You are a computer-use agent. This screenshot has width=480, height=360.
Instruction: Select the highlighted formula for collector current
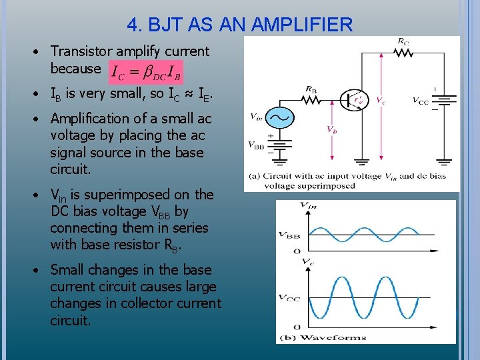coord(145,70)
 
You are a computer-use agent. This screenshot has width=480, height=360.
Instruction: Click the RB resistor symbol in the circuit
coord(312,99)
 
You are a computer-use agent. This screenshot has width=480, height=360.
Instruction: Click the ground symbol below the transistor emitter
coord(361,161)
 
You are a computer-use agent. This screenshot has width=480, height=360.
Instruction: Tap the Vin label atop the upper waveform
coord(309,205)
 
